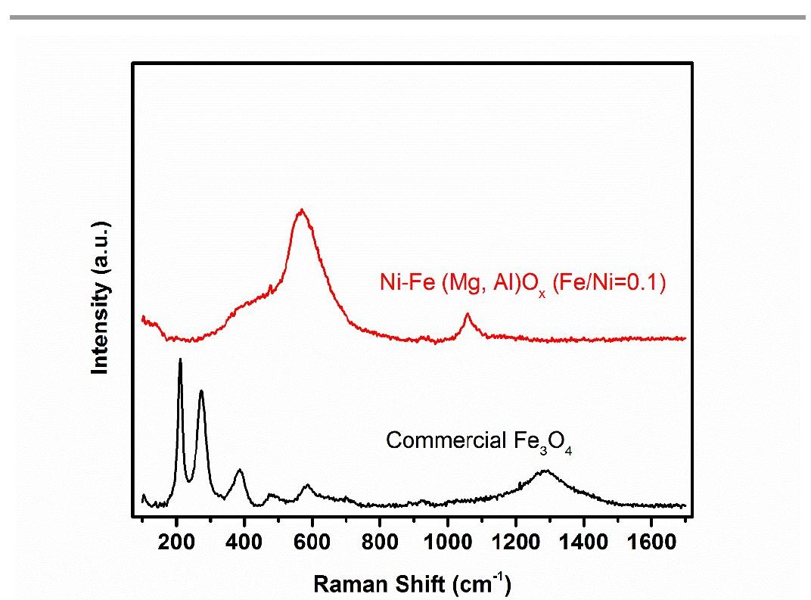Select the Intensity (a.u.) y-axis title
click(100, 297)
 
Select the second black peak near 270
click(201, 391)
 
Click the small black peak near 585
click(307, 485)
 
